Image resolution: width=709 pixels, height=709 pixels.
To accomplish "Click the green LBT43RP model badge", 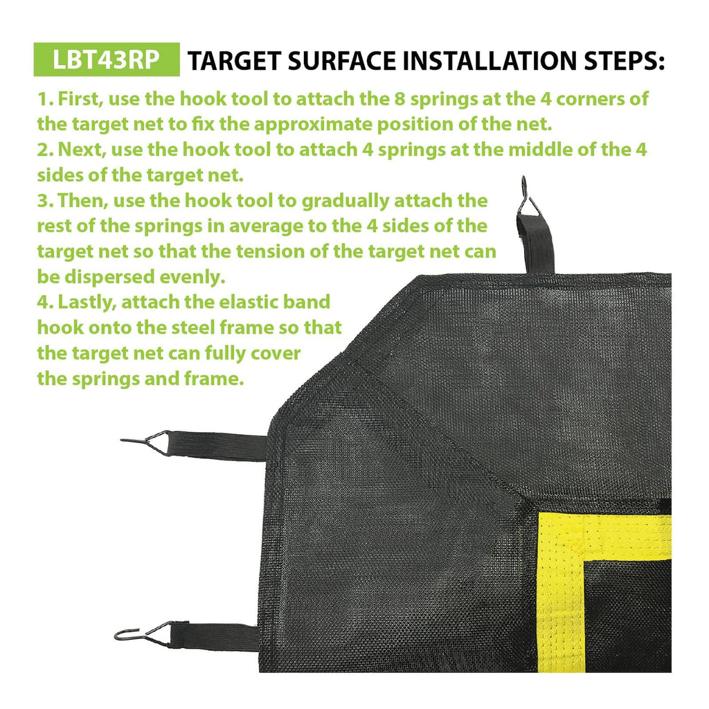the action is pos(107,60).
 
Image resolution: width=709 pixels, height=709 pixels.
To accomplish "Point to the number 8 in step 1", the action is pos(400,99).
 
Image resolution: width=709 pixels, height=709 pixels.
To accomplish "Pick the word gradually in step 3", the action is pos(345,201).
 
